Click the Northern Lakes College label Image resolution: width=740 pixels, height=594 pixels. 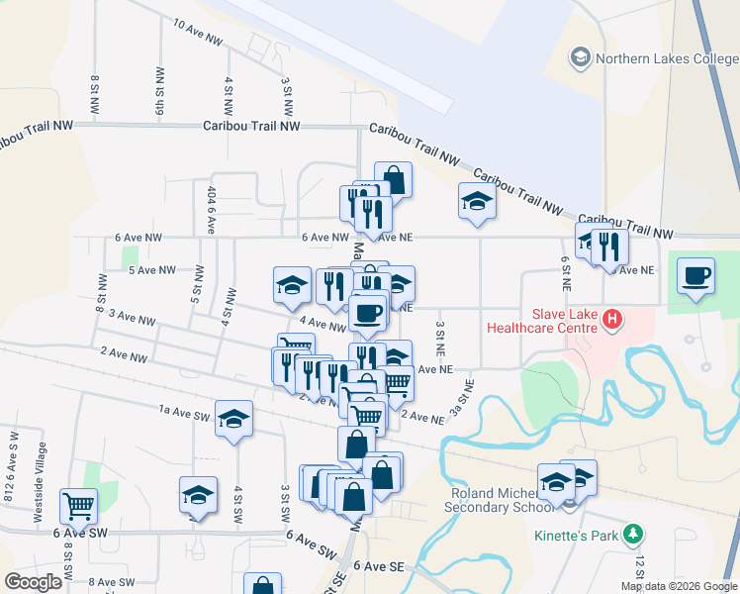pyautogui.click(x=667, y=58)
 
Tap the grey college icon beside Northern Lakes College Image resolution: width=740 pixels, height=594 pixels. pyautogui.click(x=581, y=58)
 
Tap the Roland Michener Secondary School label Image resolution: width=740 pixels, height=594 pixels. pyautogui.click(x=501, y=500)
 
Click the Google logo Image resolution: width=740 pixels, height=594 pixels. pyautogui.click(x=33, y=582)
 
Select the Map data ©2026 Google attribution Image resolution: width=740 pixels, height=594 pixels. pyautogui.click(x=678, y=586)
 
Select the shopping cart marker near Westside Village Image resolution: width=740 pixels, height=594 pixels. pyautogui.click(x=78, y=506)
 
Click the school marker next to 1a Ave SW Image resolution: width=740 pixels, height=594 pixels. pyautogui.click(x=234, y=419)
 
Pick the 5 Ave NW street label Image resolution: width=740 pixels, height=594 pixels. pyautogui.click(x=151, y=269)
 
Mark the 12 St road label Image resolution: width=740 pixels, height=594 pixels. pyautogui.click(x=639, y=567)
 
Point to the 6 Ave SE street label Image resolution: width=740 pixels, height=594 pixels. pyautogui.click(x=384, y=566)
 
